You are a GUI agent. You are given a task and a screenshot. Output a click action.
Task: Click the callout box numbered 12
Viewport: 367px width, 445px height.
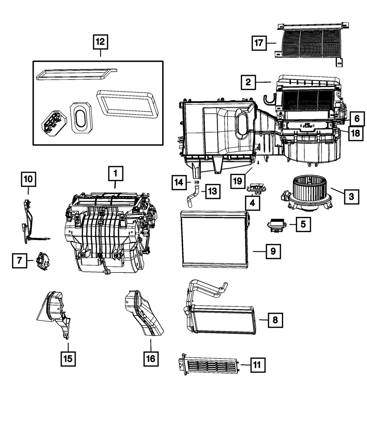[x=100, y=42]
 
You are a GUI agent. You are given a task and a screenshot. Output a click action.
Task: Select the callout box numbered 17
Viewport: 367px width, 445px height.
[x=259, y=43]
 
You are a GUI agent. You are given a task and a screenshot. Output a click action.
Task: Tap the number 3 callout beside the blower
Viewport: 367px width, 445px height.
[x=351, y=196]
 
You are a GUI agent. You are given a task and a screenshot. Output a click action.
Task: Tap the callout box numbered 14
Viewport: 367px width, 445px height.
[x=179, y=182]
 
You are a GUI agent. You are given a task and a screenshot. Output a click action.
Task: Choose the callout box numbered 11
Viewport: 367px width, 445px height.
[x=257, y=365]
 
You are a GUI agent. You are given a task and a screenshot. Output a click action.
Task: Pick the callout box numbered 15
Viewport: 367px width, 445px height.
[x=69, y=358]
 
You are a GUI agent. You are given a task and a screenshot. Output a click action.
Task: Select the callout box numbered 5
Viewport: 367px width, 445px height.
[x=303, y=224]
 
